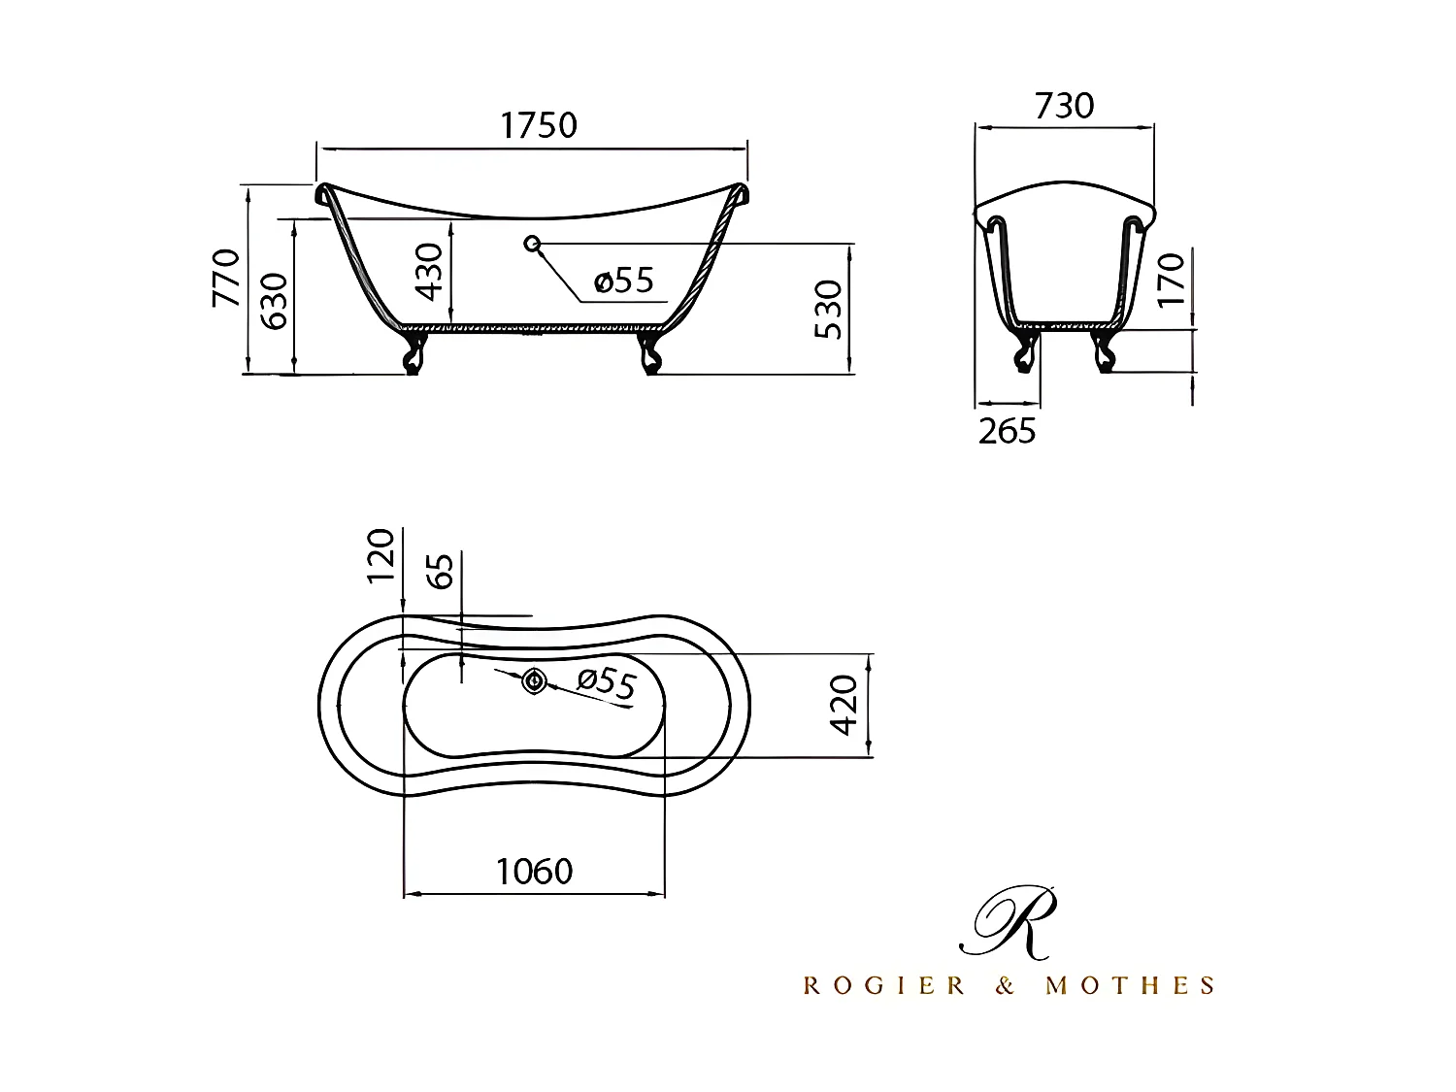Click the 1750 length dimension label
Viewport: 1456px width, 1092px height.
(539, 125)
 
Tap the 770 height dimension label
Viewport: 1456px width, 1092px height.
(227, 278)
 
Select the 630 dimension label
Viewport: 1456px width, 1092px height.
(276, 300)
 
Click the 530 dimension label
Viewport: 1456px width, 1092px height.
(828, 310)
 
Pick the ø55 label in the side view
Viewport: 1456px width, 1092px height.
(624, 281)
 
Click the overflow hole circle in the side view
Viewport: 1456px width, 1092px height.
(532, 243)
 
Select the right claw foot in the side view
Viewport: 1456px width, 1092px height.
(649, 352)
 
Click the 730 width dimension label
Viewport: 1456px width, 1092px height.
(1064, 105)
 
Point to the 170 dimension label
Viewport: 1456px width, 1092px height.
(1172, 280)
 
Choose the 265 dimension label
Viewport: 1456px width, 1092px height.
(1007, 431)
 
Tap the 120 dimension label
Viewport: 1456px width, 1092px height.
(381, 555)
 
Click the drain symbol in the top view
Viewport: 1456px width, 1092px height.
(534, 681)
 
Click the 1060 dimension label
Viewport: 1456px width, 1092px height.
(535, 872)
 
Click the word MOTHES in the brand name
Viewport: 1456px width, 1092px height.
(1129, 986)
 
